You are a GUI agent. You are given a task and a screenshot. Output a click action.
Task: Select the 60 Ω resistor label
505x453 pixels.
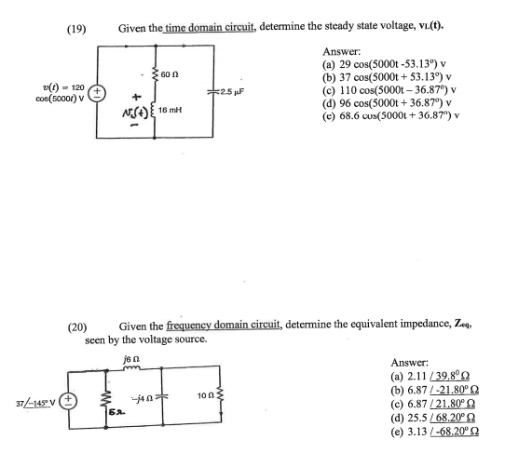pos(170,74)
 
